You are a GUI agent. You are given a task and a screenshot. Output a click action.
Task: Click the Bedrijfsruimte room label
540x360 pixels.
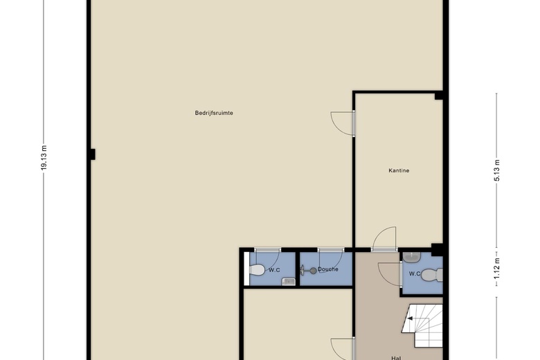tap(214, 113)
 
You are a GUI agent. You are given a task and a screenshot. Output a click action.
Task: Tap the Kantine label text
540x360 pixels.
tap(399, 170)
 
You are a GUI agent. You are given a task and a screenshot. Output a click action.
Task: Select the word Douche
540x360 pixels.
tap(328, 269)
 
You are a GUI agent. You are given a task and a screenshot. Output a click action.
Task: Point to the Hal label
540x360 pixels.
tap(396, 358)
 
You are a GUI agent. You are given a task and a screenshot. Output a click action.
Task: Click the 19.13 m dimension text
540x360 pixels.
tap(44, 158)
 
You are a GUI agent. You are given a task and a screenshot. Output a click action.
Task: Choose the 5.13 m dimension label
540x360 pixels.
tap(496, 170)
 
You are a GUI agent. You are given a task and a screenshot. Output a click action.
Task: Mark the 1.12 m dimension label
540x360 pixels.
tap(496, 269)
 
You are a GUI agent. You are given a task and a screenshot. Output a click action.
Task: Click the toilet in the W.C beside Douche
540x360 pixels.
tap(257, 270)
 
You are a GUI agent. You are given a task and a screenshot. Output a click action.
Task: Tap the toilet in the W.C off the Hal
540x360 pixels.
tap(432, 275)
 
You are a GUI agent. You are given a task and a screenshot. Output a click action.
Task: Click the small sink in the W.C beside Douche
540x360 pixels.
tap(289, 282)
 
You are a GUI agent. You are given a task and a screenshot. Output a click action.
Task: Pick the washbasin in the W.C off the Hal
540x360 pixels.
tap(411, 257)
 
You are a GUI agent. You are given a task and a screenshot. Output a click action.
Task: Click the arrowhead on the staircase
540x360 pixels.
tap(410, 318)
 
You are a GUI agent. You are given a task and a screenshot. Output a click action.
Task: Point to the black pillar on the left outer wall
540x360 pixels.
tap(91, 154)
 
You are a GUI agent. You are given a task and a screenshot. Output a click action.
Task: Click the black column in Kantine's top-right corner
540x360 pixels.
tap(439, 96)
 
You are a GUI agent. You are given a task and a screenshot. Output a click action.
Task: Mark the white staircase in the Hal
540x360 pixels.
tap(422, 325)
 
